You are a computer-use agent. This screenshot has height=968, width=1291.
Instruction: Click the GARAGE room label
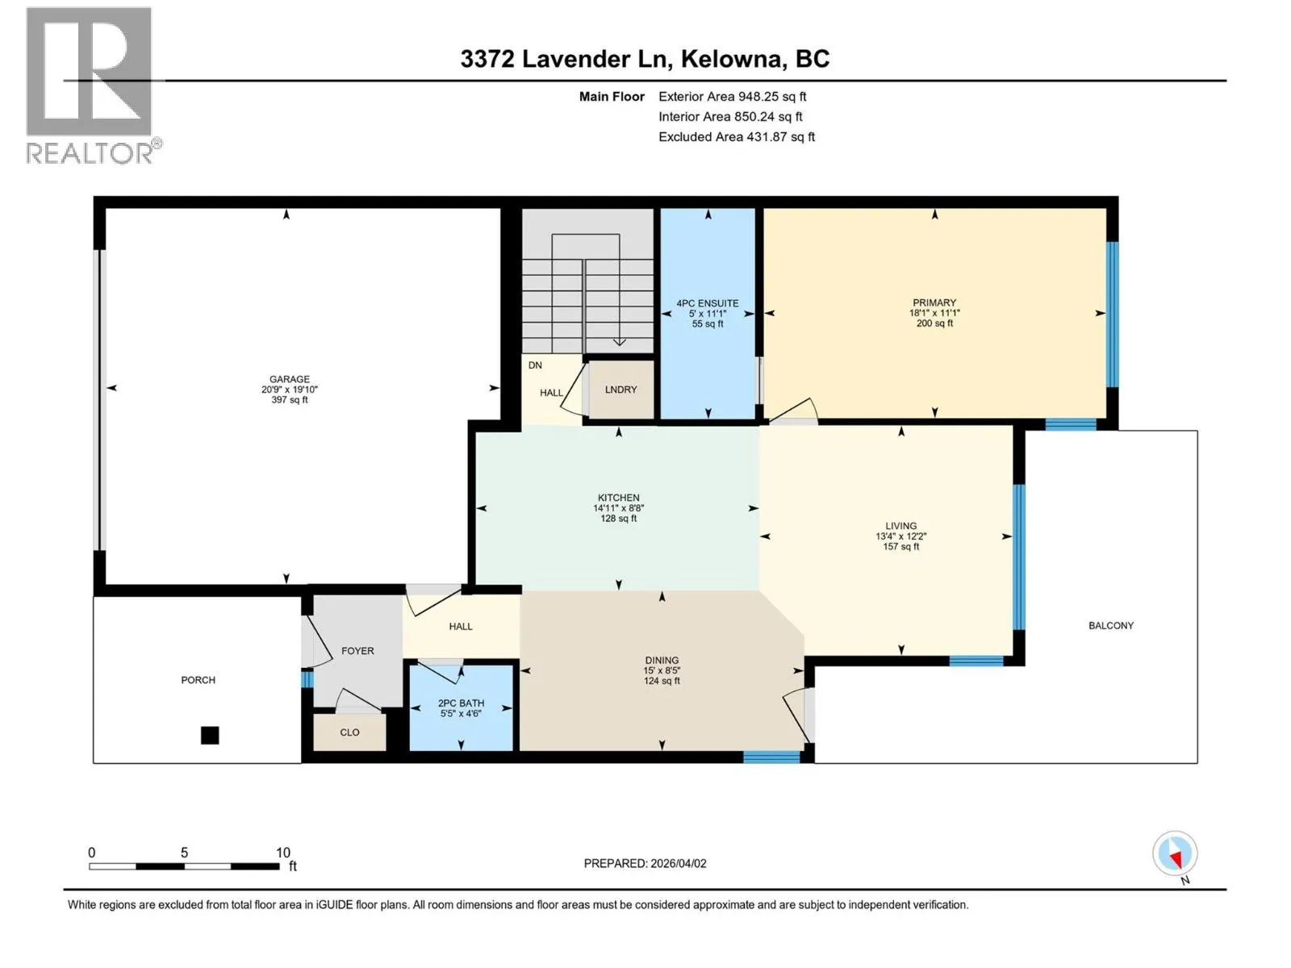point(290,379)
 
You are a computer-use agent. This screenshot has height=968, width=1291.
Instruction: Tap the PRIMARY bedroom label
point(934,302)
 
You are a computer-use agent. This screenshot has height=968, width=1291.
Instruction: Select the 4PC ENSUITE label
point(707,303)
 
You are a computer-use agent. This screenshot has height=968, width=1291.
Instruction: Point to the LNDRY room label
point(620,389)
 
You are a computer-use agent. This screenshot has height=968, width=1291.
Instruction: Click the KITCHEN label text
point(618,497)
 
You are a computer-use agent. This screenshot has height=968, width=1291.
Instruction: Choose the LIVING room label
point(900,526)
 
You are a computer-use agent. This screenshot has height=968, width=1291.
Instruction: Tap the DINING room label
point(662,660)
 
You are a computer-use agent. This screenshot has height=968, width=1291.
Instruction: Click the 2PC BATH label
point(461,703)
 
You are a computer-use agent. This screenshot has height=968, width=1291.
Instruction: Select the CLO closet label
point(349,732)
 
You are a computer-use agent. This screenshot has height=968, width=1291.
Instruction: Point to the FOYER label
point(357,651)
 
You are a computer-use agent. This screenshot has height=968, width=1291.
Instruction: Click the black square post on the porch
point(210,735)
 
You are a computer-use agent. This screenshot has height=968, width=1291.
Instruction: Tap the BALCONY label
point(1110,625)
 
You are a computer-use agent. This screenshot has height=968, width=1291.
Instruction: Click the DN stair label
point(535,365)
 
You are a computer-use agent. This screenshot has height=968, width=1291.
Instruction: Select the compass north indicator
point(1175,854)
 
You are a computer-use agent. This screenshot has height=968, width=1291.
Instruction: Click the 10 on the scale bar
point(283,852)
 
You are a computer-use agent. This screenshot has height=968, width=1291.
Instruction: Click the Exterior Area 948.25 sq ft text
point(733,96)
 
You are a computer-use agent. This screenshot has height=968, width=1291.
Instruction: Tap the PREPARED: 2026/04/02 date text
point(645,863)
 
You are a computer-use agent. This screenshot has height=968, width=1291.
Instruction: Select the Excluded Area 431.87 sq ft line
point(737,137)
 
